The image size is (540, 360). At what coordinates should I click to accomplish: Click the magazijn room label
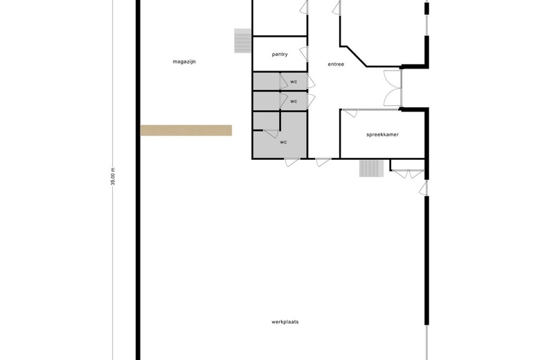[184, 62]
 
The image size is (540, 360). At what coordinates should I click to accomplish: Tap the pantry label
[280, 55]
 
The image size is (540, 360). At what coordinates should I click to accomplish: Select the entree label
[336, 64]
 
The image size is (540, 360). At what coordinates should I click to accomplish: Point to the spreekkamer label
[383, 135]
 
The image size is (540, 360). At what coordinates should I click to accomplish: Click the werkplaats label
[285, 322]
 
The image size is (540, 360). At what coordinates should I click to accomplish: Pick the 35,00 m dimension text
[113, 177]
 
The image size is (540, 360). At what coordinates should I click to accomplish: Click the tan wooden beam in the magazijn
[186, 130]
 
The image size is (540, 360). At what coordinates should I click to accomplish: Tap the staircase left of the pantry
[243, 41]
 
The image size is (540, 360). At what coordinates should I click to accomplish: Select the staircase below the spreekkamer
[371, 168]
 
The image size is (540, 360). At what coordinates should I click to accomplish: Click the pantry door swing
[304, 54]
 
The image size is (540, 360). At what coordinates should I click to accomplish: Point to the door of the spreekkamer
[350, 113]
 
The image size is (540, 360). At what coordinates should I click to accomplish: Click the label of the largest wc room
[283, 142]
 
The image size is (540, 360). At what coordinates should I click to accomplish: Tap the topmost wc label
[294, 82]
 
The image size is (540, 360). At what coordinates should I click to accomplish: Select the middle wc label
[294, 101]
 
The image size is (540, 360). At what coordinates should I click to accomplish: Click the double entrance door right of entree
[393, 88]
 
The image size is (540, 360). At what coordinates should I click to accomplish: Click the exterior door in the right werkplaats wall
[424, 188]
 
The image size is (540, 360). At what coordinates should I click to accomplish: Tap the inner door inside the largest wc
[271, 134]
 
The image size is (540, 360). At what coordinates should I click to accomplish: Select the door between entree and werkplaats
[323, 162]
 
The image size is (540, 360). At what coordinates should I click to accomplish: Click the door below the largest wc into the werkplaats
[292, 162]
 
